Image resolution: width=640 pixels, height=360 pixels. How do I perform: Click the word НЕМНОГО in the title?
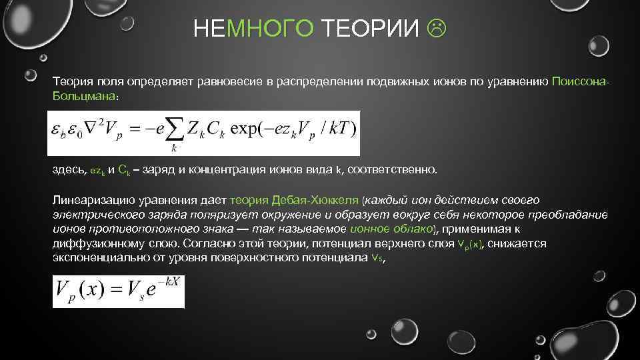[253, 29]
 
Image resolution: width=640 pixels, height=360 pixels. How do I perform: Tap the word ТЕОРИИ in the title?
[371, 29]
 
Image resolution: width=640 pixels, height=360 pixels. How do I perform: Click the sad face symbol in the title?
[438, 29]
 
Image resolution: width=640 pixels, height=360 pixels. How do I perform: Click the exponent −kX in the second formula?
[171, 283]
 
